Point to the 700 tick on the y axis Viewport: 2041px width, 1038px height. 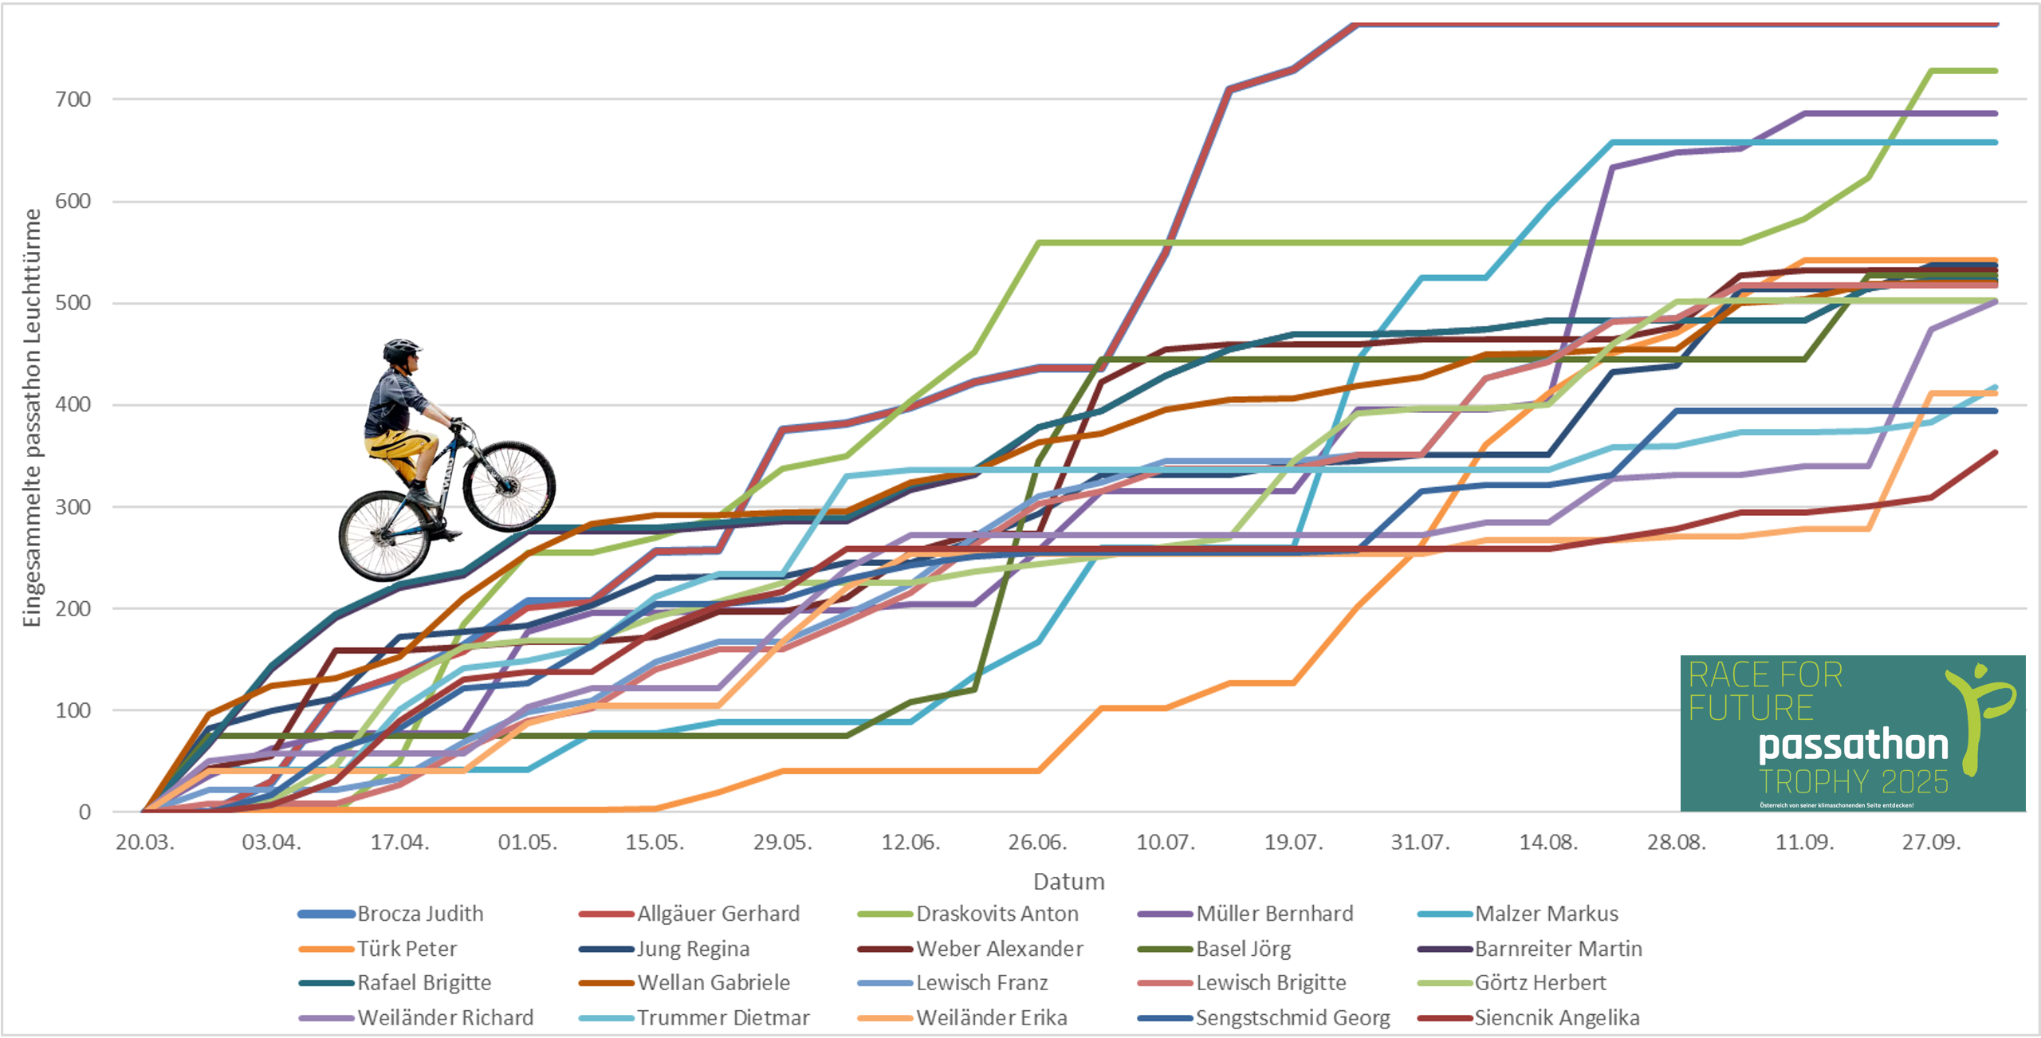coord(73,100)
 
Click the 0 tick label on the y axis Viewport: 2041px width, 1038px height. coord(85,812)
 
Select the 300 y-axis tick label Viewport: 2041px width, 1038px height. coord(73,507)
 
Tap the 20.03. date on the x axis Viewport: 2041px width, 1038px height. coord(144,843)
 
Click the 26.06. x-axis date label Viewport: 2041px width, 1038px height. coord(1037,843)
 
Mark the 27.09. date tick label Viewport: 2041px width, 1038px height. coord(1931,843)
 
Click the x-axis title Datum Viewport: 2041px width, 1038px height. coord(1068,882)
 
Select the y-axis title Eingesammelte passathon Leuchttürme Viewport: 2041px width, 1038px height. coord(32,418)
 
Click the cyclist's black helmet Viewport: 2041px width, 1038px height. coord(400,349)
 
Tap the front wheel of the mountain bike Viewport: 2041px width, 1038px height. coord(509,486)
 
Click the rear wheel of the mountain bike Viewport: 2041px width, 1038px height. coord(384,536)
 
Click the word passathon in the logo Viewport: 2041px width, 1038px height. coord(1853,745)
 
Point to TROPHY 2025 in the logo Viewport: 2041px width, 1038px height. coord(1853,782)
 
